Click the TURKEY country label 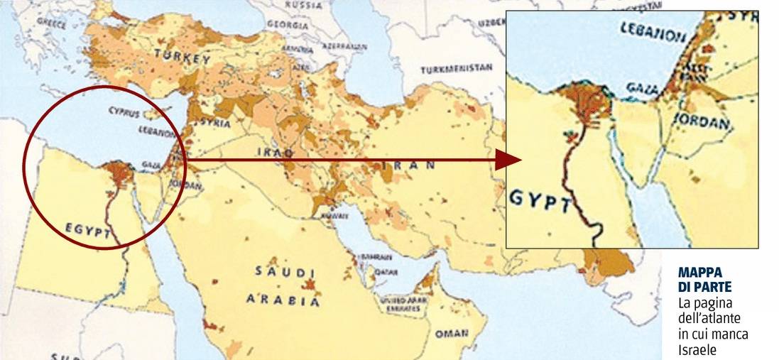[183, 57]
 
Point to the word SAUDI [285, 272]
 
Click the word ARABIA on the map [283, 300]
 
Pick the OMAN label [452, 332]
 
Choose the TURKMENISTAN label [456, 70]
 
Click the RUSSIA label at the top [303, 4]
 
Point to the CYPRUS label [126, 111]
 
